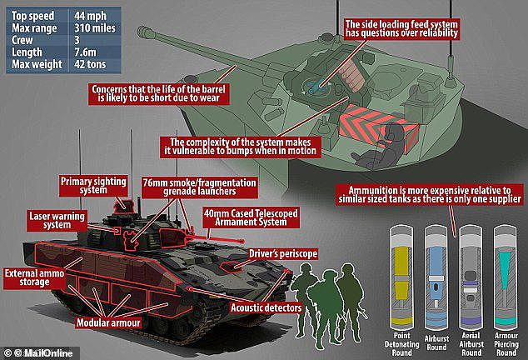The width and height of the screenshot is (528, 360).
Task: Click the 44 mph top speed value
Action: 90,16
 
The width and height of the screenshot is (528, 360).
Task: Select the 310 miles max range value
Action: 95,28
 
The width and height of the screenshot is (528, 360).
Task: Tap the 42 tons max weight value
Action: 90,64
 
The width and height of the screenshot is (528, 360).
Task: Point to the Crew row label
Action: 22,40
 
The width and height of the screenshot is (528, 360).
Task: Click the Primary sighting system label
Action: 93,185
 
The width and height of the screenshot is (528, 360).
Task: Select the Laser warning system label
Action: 57,221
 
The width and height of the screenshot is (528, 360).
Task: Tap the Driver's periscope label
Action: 283,253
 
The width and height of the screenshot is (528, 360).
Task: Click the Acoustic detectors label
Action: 266,307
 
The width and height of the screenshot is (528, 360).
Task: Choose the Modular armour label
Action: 108,322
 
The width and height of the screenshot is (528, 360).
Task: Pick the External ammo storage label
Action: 34,277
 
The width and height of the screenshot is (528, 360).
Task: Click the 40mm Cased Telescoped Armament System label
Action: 251,217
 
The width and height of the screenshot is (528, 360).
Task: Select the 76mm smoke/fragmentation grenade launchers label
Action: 200,187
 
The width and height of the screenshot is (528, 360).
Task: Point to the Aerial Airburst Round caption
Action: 471,344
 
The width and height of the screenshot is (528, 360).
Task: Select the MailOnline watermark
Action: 39,353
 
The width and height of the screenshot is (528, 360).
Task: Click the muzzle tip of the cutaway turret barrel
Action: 142,31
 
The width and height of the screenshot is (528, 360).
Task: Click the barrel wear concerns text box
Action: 159,93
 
